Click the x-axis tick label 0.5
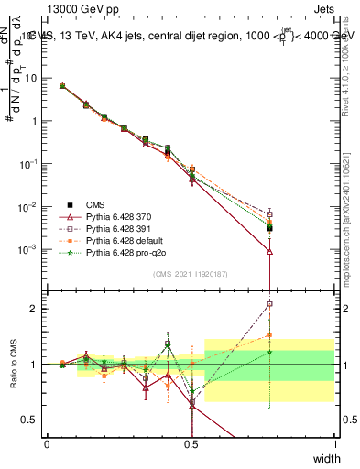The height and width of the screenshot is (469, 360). pos(191,444)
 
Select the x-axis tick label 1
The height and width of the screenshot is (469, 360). pos(334,444)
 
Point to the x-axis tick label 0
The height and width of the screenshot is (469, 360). pos(47,444)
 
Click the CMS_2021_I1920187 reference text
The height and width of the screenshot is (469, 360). pos(190,273)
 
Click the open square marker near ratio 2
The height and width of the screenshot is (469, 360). pos(269,304)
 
